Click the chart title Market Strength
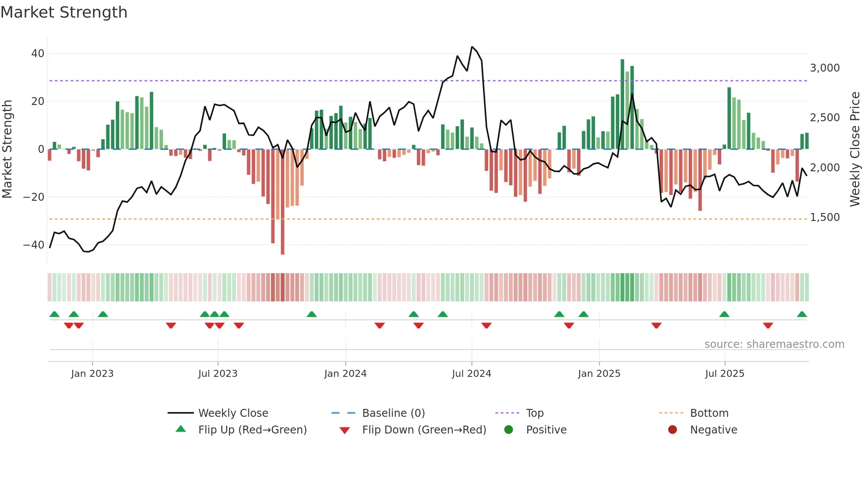[64, 12]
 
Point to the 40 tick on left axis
[38, 54]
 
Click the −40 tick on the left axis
[34, 245]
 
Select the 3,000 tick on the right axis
[825, 68]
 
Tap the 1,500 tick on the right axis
[825, 217]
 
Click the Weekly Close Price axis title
[855, 149]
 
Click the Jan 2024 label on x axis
[345, 374]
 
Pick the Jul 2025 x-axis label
[724, 374]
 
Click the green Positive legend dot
[509, 430]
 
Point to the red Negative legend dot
[672, 430]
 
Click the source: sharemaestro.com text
[774, 344]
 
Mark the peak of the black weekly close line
[472, 47]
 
